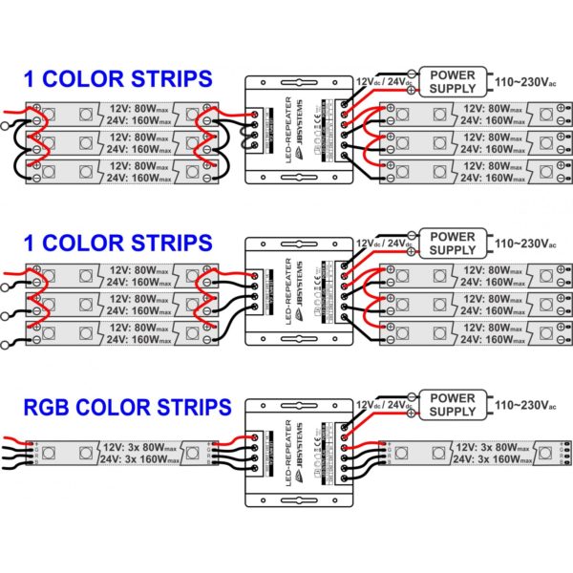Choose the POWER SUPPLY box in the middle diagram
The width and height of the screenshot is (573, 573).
[452, 243]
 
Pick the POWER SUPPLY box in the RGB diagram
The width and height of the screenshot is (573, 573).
[452, 404]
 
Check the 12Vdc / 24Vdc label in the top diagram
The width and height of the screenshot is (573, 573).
[384, 81]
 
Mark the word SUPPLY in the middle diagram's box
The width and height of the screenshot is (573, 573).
[452, 250]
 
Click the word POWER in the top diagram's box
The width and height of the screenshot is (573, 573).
[452, 74]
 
